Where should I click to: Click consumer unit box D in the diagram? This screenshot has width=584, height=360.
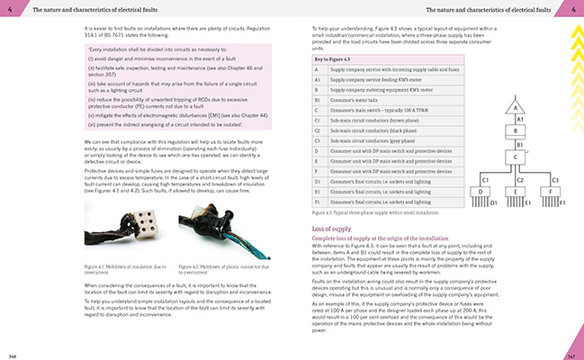coord(484,191)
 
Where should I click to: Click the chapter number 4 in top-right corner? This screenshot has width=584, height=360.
coord(572,9)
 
